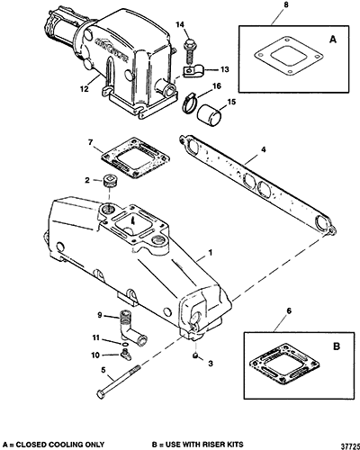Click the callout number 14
pos(180,24)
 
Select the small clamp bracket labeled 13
pos(193,72)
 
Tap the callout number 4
pos(263,149)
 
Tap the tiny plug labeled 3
pos(195,355)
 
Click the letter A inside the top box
pos(333,40)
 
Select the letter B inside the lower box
pos(337,346)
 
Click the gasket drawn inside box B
pos(284,364)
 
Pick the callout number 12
pos(85,89)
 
